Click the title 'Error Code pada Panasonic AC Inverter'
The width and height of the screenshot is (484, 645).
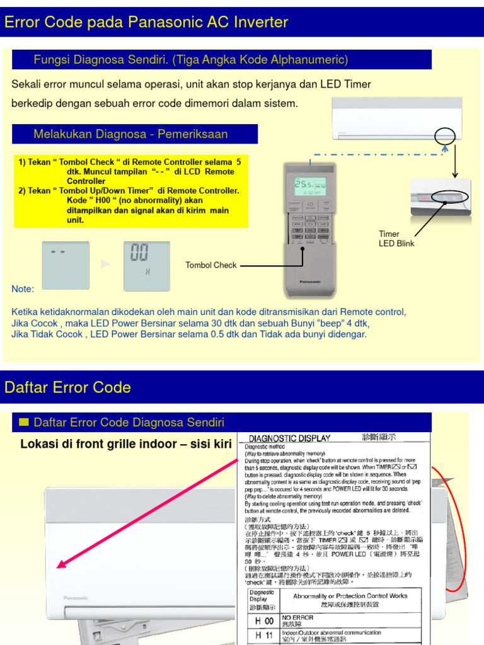pyautogui.click(x=146, y=23)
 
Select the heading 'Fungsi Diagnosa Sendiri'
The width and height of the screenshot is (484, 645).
pyautogui.click(x=190, y=60)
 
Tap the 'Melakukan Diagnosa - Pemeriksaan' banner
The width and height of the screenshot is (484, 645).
pyautogui.click(x=130, y=134)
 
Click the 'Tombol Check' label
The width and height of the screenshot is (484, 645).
pyautogui.click(x=210, y=265)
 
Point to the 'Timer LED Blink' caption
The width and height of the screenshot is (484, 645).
pyautogui.click(x=396, y=239)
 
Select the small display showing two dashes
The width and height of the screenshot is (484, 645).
pyautogui.click(x=66, y=265)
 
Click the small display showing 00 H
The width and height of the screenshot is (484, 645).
pyautogui.click(x=146, y=265)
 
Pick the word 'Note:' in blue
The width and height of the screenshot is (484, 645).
pyautogui.click(x=23, y=289)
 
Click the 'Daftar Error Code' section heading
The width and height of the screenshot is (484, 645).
pyautogui.click(x=67, y=387)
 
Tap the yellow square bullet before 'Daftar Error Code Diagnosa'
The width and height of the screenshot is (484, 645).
pyautogui.click(x=25, y=421)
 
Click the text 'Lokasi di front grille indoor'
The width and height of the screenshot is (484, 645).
pyautogui.click(x=126, y=444)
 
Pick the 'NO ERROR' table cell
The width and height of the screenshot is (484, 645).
pyautogui.click(x=297, y=618)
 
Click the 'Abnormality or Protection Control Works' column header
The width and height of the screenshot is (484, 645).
pyautogui.click(x=350, y=595)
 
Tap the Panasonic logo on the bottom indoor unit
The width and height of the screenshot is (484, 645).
pyautogui.click(x=76, y=598)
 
